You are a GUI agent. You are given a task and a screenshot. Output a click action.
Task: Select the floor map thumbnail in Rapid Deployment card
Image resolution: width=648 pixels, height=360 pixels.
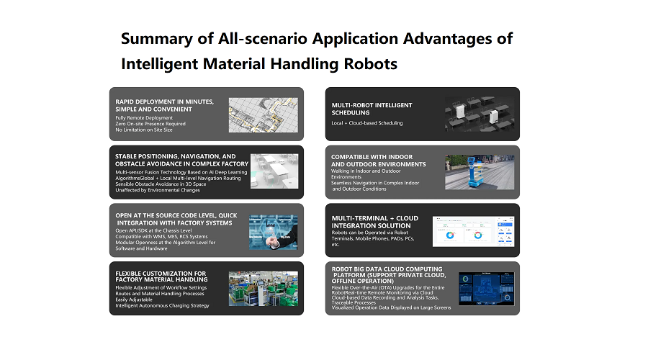pos(264,115)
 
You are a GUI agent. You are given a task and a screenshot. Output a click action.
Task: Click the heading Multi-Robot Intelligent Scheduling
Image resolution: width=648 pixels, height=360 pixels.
pos(372,109)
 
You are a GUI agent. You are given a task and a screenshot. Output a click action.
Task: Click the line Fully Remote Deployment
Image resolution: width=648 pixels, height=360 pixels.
pos(144,118)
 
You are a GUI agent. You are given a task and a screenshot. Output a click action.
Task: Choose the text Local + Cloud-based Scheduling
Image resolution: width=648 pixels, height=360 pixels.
pos(367,122)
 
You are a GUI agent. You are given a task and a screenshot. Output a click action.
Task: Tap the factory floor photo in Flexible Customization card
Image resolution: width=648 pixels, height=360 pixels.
pos(264,289)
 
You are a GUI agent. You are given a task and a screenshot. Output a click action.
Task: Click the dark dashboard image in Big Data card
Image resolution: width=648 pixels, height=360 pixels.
pos(487,289)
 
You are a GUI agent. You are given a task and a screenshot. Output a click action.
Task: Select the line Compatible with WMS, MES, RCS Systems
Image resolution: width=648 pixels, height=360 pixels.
pos(161,236)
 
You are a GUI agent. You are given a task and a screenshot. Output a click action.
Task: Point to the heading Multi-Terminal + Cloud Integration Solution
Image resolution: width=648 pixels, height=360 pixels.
pos(375,222)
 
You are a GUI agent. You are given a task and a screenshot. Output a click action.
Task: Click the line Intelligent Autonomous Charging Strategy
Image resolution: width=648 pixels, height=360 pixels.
pos(162,305)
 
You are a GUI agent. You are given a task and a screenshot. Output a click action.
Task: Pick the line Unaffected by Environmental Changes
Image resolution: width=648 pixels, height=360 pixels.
pos(158,190)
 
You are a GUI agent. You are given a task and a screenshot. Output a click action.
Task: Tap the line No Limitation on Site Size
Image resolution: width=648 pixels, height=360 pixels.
pos(144,130)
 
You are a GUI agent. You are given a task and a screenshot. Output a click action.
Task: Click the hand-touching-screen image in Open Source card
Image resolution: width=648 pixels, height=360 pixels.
pos(273,232)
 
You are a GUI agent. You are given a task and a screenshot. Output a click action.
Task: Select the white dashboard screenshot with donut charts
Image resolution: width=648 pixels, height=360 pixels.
pos(473,231)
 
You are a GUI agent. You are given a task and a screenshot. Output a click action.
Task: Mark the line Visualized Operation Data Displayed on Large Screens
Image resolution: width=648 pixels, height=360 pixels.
pos(391,307)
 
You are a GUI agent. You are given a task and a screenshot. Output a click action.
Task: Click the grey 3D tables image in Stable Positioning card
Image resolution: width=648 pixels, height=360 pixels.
pos(274,171)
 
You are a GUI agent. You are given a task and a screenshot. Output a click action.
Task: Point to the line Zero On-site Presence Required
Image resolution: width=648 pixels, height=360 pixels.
pos(150,124)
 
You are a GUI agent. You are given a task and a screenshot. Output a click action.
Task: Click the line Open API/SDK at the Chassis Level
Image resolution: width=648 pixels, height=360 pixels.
pos(153,230)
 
